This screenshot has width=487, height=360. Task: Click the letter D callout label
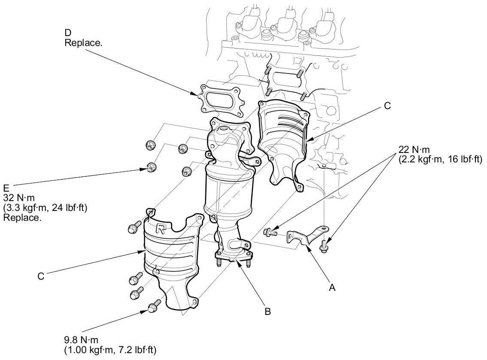pyautogui.click(x=68, y=33)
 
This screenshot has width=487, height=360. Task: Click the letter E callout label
pyautogui.click(x=6, y=188)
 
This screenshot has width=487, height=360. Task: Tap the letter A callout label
pyautogui.click(x=331, y=287)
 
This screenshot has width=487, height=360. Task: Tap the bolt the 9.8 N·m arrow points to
pyautogui.click(x=153, y=307)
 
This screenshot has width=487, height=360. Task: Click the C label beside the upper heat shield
pyautogui.click(x=387, y=106)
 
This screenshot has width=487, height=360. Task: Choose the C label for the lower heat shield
pyautogui.click(x=41, y=277)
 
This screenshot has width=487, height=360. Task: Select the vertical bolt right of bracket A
pyautogui.click(x=324, y=246)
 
